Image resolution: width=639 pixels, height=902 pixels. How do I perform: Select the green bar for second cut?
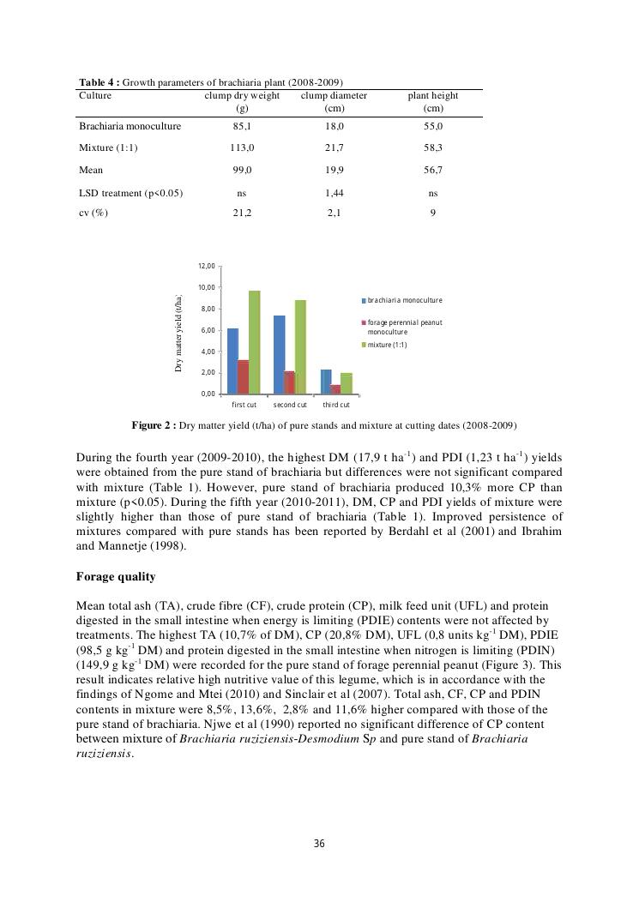click(x=300, y=346)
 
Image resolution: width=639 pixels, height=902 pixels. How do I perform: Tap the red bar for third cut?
click(x=335, y=389)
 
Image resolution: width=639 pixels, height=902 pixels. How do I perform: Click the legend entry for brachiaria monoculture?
click(x=404, y=300)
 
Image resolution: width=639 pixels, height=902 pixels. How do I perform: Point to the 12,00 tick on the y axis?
click(x=209, y=266)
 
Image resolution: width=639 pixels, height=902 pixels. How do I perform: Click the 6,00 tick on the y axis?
click(x=209, y=330)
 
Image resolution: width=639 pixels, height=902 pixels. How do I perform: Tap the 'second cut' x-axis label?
click(x=290, y=405)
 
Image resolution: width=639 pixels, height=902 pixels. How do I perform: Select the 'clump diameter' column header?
click(x=334, y=96)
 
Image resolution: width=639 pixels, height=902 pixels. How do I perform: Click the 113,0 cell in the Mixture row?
click(x=242, y=148)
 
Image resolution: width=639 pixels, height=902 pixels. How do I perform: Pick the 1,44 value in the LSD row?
click(x=335, y=194)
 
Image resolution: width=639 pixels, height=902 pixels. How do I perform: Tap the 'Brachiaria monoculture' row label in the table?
click(x=130, y=126)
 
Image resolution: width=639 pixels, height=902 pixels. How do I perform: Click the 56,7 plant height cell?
click(x=433, y=171)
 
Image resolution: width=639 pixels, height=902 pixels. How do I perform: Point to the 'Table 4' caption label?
click(x=98, y=82)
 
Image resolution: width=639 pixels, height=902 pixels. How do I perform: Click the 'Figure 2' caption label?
click(x=154, y=425)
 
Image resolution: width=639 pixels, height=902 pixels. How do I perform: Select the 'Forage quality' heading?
click(x=115, y=577)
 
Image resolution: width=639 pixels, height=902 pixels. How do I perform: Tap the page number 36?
click(x=319, y=844)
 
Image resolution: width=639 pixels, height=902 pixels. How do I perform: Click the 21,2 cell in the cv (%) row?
click(x=242, y=213)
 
